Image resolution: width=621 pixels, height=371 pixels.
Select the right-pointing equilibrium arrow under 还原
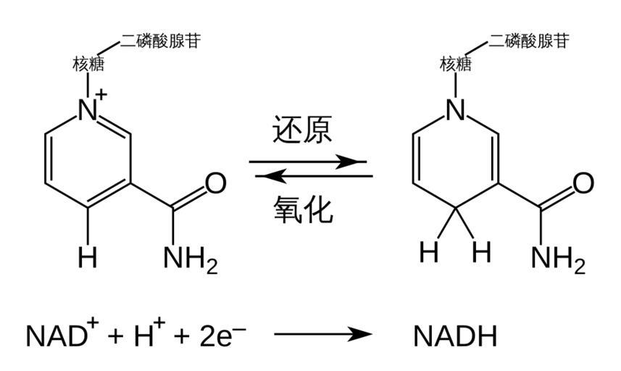[x=308, y=162]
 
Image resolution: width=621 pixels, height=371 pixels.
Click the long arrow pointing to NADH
[x=322, y=334]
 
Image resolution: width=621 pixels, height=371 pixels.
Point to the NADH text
[x=455, y=337]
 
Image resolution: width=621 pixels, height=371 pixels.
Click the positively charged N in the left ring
[x=88, y=110]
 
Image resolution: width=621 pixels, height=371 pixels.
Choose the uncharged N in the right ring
[x=455, y=110]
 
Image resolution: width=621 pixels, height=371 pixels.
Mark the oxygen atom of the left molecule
[x=214, y=183]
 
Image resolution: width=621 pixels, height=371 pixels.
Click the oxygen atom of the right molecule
[x=583, y=183]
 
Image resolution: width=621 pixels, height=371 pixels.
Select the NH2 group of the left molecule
[x=190, y=258]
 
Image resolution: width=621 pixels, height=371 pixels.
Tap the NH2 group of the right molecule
[x=558, y=258]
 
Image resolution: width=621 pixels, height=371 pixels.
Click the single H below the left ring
[x=88, y=257]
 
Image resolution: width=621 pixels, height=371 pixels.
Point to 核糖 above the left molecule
[x=88, y=64]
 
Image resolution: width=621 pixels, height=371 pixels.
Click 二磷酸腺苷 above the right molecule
[x=528, y=40]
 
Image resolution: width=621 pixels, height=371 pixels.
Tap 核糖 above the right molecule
[x=456, y=64]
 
